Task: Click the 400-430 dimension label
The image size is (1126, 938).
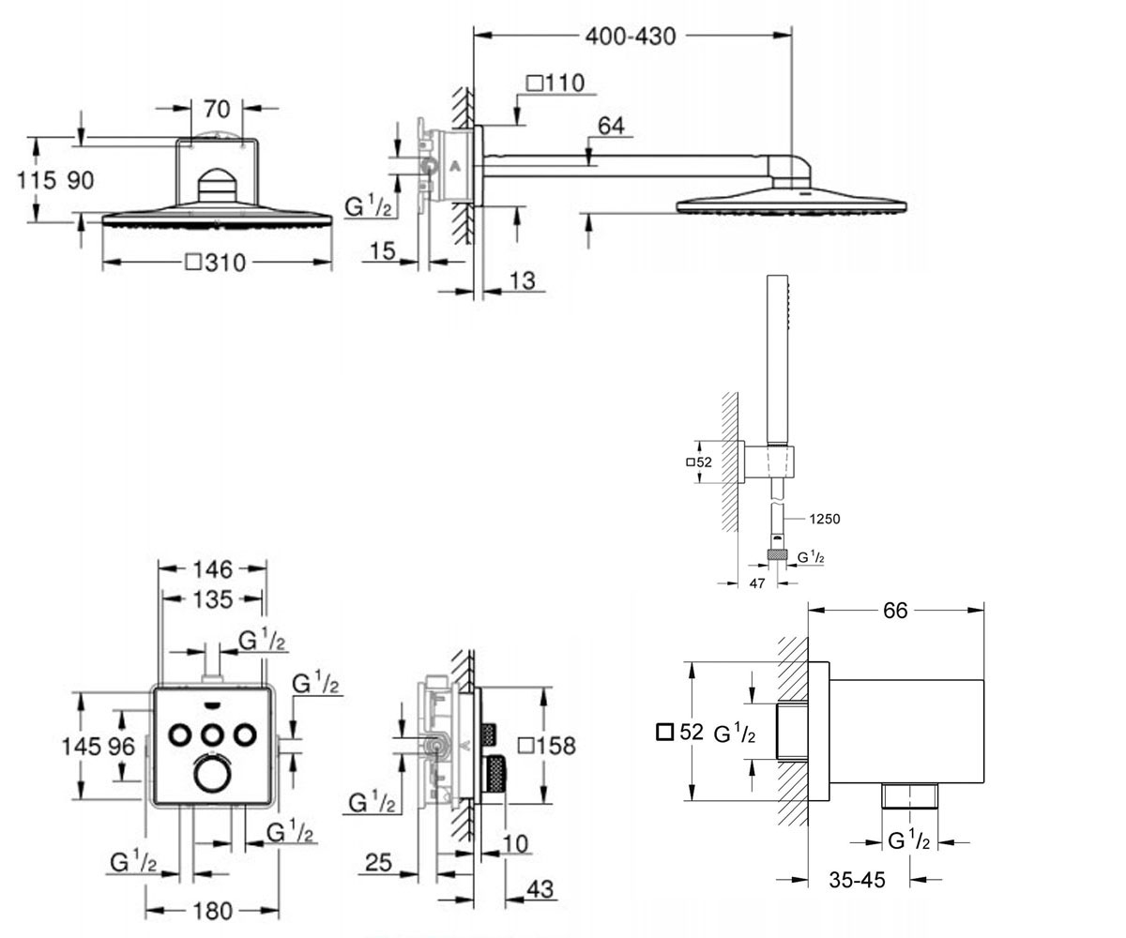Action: click(x=631, y=37)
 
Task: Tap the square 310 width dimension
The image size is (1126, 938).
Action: click(x=216, y=263)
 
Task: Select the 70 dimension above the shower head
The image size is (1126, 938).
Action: click(x=217, y=110)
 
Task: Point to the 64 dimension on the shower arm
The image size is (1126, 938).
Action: click(x=611, y=126)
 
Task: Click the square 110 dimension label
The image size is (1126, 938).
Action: click(x=555, y=83)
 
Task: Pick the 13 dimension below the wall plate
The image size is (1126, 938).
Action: click(x=522, y=280)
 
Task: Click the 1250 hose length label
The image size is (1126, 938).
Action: click(x=825, y=519)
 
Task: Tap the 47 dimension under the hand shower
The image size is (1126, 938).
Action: click(x=757, y=583)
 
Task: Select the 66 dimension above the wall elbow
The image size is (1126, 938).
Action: click(x=895, y=611)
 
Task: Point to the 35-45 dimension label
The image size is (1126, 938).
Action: click(x=857, y=880)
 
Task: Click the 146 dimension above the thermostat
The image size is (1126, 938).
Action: click(x=213, y=569)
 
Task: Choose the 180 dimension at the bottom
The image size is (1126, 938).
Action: click(x=212, y=912)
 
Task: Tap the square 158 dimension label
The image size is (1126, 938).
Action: click(x=547, y=746)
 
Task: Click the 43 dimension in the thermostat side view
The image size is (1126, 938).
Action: click(x=540, y=889)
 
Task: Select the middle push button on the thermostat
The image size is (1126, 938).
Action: click(x=213, y=735)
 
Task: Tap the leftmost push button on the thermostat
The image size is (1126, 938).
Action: click(x=180, y=735)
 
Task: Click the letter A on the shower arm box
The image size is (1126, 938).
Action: click(x=455, y=167)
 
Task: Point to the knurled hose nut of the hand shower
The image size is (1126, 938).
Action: click(x=777, y=555)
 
